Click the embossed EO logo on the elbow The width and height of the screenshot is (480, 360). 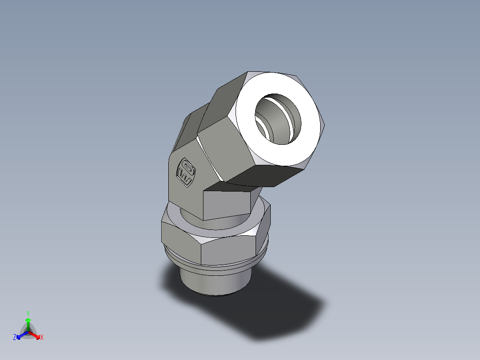pyautogui.click(x=186, y=172)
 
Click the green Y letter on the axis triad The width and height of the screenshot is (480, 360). pyautogui.click(x=28, y=313)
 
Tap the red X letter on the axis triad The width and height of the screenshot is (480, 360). pyautogui.click(x=42, y=338)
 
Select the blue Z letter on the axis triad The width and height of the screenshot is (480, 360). pyautogui.click(x=15, y=337)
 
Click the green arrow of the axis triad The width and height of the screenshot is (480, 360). pyautogui.click(x=28, y=323)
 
